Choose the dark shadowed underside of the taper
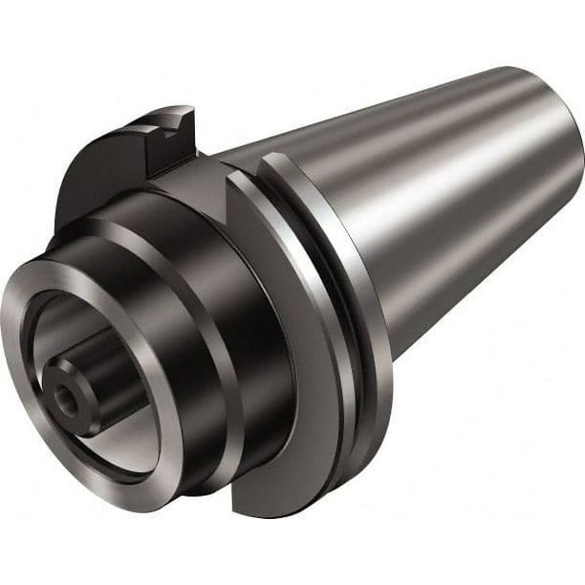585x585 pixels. pos(459,287)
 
